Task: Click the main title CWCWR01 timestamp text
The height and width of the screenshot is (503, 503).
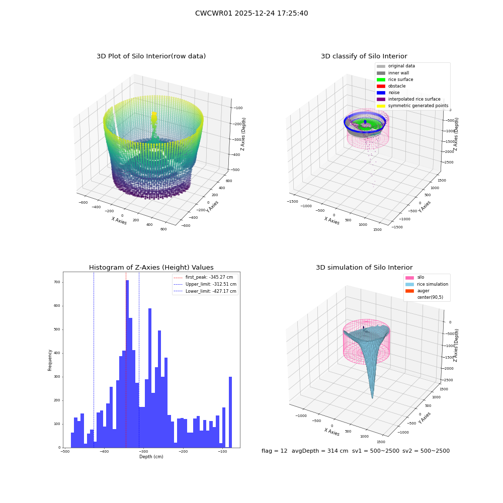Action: click(251, 13)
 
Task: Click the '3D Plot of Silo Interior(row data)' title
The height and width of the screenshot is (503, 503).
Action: click(151, 56)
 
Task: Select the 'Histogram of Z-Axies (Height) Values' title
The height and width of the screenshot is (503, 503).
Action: click(151, 267)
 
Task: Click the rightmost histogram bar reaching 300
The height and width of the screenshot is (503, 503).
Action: click(230, 412)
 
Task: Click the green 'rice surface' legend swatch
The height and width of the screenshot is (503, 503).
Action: click(381, 79)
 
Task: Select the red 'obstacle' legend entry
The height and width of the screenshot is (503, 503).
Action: click(391, 86)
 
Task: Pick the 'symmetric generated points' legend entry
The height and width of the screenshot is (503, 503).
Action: click(412, 106)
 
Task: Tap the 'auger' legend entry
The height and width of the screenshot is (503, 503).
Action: click(417, 291)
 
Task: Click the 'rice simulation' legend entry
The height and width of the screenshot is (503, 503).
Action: click(427, 284)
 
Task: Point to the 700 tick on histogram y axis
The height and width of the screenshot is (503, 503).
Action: click(57, 282)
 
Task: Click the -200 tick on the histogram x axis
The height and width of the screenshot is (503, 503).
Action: click(183, 451)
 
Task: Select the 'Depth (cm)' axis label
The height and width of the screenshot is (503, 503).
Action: click(151, 457)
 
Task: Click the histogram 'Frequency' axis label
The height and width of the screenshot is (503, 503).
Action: click(50, 360)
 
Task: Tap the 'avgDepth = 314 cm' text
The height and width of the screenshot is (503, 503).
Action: click(320, 451)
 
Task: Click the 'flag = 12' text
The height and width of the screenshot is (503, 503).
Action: click(274, 451)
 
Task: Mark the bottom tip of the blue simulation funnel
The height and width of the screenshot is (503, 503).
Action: click(372, 398)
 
